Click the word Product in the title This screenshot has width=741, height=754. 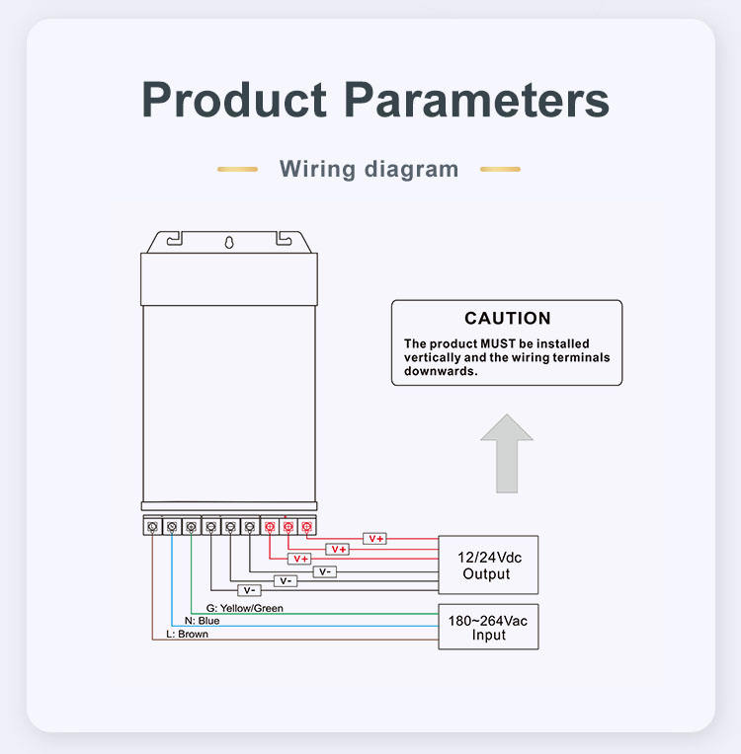[x=234, y=99]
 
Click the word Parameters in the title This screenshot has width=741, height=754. [x=476, y=99]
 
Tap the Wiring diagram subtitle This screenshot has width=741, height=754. [x=369, y=169]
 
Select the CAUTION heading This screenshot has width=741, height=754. [x=508, y=318]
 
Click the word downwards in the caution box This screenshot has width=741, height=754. [x=441, y=372]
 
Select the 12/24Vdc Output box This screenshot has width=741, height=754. [x=488, y=565]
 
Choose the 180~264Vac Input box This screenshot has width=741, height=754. [x=488, y=627]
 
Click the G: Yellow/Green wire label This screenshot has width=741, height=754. [x=244, y=608]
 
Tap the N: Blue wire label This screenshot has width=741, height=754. [x=202, y=621]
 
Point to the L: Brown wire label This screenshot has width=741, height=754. [x=187, y=635]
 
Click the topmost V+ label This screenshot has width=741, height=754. [x=375, y=538]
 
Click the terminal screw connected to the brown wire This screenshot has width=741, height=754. [x=152, y=527]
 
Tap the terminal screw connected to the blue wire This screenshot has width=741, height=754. [x=172, y=527]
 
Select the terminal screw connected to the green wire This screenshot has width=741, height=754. [x=191, y=527]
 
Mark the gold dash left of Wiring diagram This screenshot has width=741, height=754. [x=237, y=169]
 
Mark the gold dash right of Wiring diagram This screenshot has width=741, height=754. [x=500, y=169]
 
